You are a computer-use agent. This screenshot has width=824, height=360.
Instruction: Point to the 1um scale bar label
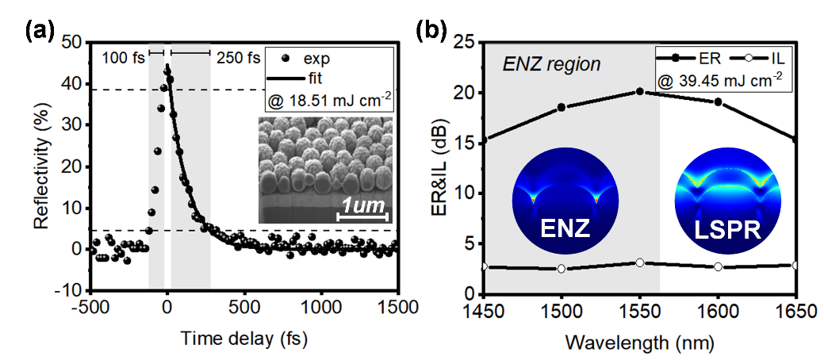coord(363,208)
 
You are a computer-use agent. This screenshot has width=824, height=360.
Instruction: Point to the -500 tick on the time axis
coord(89,307)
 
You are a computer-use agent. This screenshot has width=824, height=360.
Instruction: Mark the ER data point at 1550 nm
coord(640,92)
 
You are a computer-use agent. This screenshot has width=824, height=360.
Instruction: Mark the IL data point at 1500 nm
coord(561,269)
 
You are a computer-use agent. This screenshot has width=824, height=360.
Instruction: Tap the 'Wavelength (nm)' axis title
coord(639,343)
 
